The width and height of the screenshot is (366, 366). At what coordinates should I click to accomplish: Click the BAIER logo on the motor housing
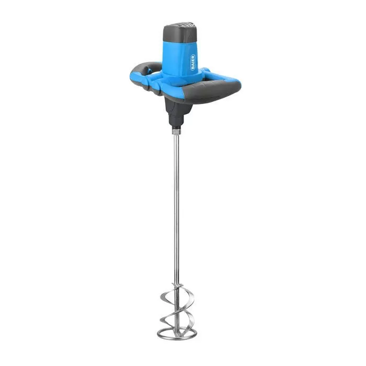[x=193, y=62]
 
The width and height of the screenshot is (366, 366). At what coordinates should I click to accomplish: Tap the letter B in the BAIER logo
[x=193, y=68]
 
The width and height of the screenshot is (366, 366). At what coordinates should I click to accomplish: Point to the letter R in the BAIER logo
[x=193, y=56]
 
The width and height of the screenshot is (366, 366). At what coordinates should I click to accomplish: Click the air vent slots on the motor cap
[x=186, y=24]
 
